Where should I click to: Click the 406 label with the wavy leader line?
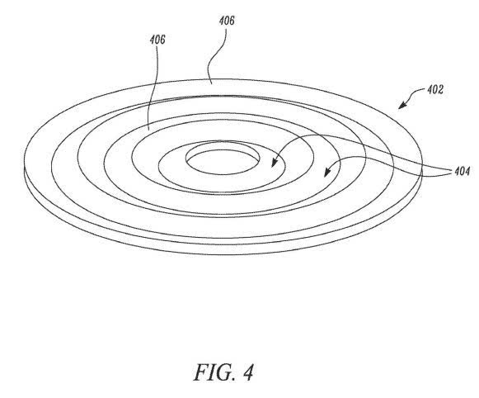coord(227,21)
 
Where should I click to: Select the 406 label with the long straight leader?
coord(157,40)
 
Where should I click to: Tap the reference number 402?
coord(435,90)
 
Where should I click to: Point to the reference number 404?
coord(463,171)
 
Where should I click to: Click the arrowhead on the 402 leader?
coord(402,105)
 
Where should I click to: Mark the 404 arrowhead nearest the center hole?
coord(275,162)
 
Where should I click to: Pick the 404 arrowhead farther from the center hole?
coord(327,172)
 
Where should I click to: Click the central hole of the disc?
coord(223,159)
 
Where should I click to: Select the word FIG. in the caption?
coord(215,372)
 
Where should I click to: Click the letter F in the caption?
coord(201,372)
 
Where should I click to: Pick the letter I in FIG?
coord(213,372)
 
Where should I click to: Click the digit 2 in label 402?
coord(440,90)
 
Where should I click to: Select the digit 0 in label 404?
coord(462,171)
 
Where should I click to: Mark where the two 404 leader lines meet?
coord(452,170)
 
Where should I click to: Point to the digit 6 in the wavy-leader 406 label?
coord(232,21)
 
